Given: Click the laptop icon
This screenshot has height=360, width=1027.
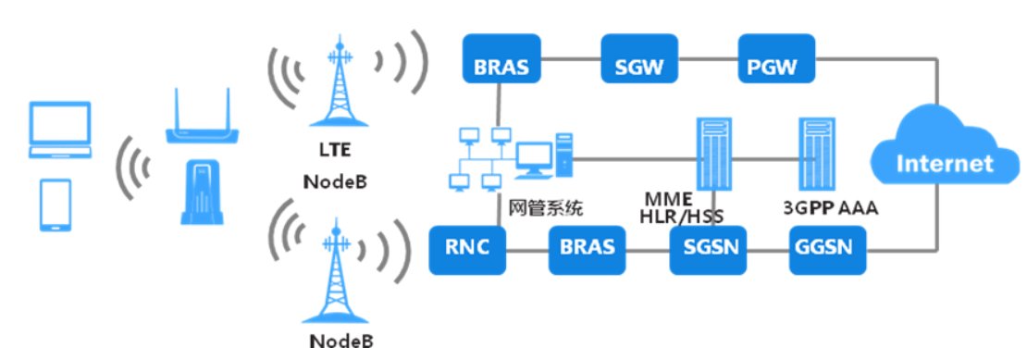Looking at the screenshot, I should click(x=61, y=130).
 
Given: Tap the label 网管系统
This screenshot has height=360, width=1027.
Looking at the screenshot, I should click(x=547, y=209).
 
